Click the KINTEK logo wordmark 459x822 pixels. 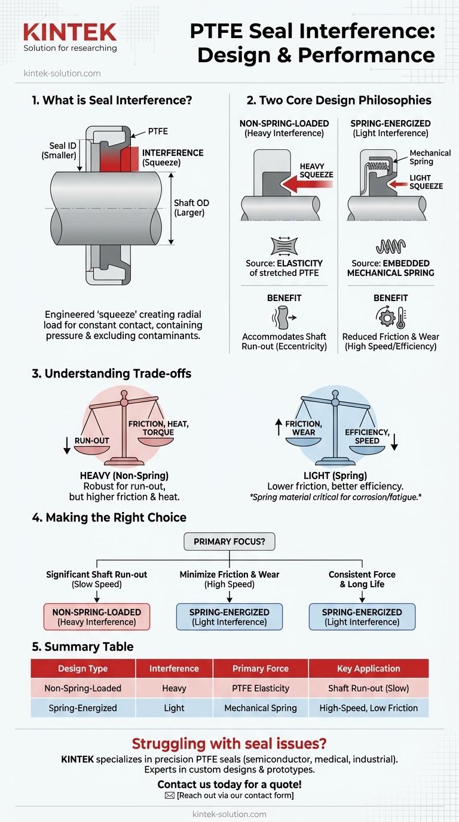point(70,32)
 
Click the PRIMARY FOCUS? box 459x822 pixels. point(229,542)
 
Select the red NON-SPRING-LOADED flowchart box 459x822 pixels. point(97,617)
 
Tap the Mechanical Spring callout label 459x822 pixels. point(430,158)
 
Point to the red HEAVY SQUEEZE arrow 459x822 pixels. point(308,183)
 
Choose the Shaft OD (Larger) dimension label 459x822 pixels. point(191,208)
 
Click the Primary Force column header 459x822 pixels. point(261,668)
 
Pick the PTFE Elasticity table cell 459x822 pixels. point(261,688)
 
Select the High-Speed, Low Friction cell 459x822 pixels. point(369,708)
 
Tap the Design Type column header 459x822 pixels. point(82,668)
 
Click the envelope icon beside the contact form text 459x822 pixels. point(170,796)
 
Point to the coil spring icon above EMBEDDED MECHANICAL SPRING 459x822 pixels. point(391,247)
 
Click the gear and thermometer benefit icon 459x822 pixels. point(391,317)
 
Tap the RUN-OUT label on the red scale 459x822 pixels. point(92,441)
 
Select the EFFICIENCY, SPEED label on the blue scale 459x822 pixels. point(367,436)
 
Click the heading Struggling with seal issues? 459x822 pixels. point(229,744)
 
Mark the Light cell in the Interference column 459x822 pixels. point(174,708)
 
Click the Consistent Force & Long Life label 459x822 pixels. point(362,579)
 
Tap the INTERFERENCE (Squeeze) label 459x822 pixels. point(173,158)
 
